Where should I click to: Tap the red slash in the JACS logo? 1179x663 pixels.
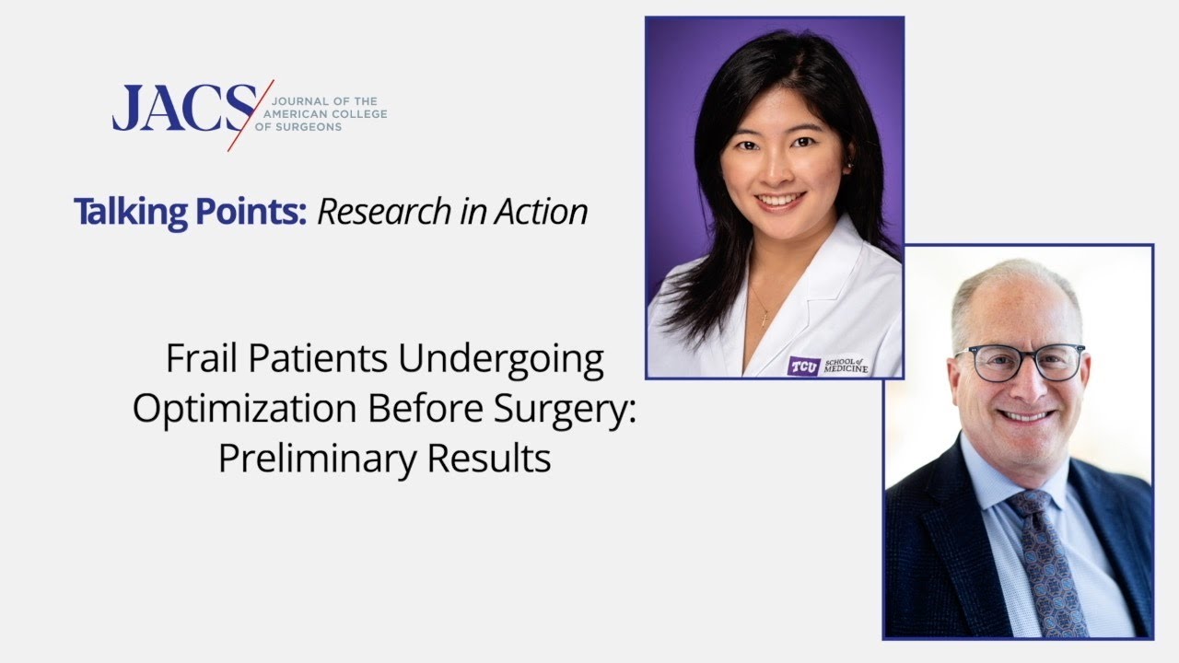tap(251, 114)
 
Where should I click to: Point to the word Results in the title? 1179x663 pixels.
tap(496, 458)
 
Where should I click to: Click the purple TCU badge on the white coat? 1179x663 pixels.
tap(803, 366)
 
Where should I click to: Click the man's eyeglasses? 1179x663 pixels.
tap(1021, 361)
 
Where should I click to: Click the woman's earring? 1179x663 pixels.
tap(849, 165)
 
